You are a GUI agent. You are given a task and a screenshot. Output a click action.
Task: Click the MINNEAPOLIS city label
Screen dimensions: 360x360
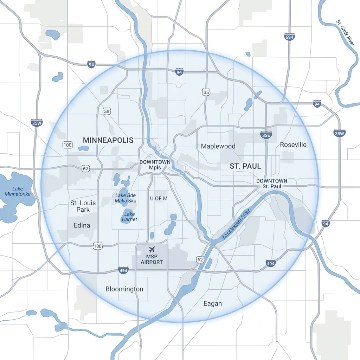pyautogui.click(x=108, y=140)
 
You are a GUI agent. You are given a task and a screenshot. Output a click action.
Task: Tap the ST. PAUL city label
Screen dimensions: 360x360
pyautogui.click(x=245, y=166)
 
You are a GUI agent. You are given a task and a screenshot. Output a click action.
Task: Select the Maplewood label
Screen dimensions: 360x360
pyautogui.click(x=218, y=146)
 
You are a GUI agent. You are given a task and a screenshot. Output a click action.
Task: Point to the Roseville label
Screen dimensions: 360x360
pyautogui.click(x=293, y=145)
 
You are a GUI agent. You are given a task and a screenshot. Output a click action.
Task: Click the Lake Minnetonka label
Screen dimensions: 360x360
pyautogui.click(x=18, y=191)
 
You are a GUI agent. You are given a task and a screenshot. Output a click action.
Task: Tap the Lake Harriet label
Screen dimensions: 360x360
pyautogui.click(x=129, y=217)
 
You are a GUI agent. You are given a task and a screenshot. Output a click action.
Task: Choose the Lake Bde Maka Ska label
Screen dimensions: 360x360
pyautogui.click(x=126, y=198)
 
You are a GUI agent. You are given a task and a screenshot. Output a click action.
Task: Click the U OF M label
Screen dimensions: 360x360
pyautogui.click(x=159, y=199)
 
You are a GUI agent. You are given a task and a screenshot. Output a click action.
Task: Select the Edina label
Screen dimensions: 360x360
pyautogui.click(x=82, y=225)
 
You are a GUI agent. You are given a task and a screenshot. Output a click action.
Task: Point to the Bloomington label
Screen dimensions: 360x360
pyautogui.click(x=124, y=289)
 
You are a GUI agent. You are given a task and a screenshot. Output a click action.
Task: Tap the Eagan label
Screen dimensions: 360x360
pyautogui.click(x=213, y=303)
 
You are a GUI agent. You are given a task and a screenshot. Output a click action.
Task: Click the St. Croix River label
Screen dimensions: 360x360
pyautogui.click(x=345, y=33)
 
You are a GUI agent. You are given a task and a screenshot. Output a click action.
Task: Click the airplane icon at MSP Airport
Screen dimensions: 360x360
pyautogui.click(x=152, y=250)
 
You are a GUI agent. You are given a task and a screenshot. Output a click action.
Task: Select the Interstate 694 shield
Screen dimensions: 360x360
pyautogui.click(x=289, y=37)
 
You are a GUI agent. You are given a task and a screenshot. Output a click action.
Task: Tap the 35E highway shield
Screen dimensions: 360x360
pyautogui.click(x=266, y=135)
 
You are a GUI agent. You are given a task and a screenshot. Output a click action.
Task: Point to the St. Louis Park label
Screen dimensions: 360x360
pyautogui.click(x=83, y=206)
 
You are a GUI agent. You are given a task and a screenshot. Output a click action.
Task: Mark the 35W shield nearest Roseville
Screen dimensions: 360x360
pyautogui.click(x=340, y=133)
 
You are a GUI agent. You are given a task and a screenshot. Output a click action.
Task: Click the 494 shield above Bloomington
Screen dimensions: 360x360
pyautogui.click(x=123, y=270)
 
